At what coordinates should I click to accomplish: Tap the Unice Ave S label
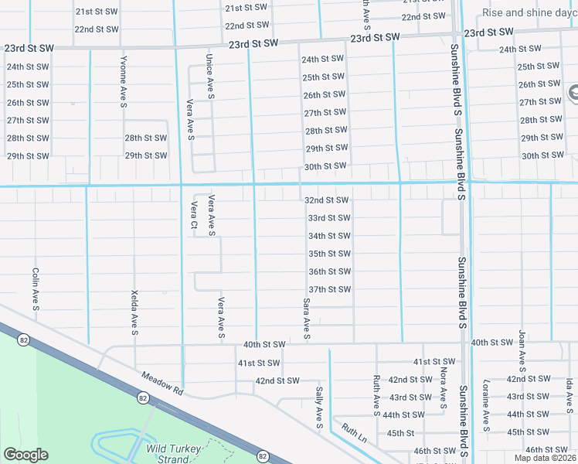pyautogui.click(x=209, y=76)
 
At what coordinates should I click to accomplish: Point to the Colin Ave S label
pyautogui.click(x=36, y=289)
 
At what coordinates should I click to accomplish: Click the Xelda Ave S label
pyautogui.click(x=134, y=313)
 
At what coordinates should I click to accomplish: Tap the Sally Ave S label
pyautogui.click(x=318, y=408)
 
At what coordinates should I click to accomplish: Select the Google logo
pyautogui.click(x=25, y=455)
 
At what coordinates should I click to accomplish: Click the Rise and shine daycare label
pyautogui.click(x=529, y=12)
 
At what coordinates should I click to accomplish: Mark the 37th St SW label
pyautogui.click(x=330, y=289)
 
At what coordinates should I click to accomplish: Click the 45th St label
pyautogui.click(x=401, y=433)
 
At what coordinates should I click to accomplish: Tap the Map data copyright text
pyautogui.click(x=546, y=458)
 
